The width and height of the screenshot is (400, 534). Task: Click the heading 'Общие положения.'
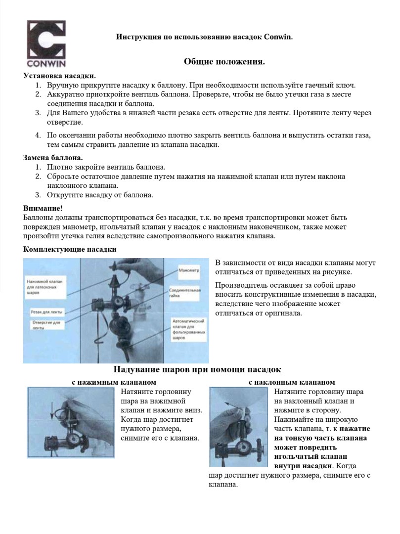pos(224,61)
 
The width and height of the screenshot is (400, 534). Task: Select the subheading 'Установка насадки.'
pos(60,76)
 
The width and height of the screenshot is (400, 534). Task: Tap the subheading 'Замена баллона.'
pos(53,158)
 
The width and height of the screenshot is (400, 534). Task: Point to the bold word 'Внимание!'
pos(43,208)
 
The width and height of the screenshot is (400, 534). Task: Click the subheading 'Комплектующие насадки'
pos(70,249)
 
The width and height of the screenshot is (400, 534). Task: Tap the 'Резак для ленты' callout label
pos(46,312)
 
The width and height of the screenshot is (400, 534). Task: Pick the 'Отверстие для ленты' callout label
pos(46,325)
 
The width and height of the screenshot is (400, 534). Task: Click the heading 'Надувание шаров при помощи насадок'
pos(197,369)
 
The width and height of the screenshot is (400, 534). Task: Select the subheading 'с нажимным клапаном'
pos(114,382)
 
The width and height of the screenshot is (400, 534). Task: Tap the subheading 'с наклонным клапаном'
pos(292,382)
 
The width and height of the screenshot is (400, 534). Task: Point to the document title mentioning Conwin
pos(204,37)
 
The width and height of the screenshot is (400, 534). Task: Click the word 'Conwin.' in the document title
pos(278,37)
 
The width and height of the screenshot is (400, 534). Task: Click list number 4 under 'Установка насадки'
pos(38,135)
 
